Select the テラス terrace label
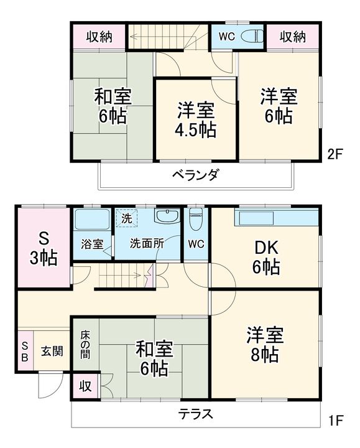pyautogui.click(x=196, y=414)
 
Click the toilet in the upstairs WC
pyautogui.click(x=251, y=35)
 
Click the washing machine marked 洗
pyautogui.click(x=126, y=219)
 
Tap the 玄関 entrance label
pyautogui.click(x=52, y=351)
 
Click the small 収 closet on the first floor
pyautogui.click(x=85, y=385)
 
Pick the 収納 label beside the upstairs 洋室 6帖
pyautogui.click(x=292, y=36)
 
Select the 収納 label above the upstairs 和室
pyautogui.click(x=99, y=36)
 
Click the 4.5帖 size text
pyautogui.click(x=195, y=130)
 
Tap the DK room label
pyautogui.click(x=265, y=248)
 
